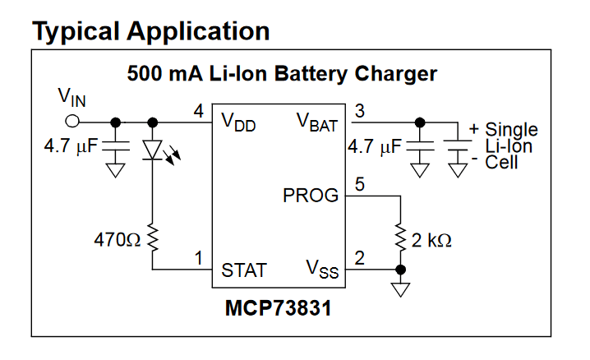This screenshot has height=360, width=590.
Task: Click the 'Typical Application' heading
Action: (150, 30)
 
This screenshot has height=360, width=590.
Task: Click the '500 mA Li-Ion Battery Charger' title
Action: (282, 73)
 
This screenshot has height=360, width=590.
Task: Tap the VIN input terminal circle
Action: (72, 121)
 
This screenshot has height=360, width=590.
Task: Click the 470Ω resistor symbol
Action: (153, 238)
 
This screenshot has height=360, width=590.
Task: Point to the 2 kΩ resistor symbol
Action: (401, 238)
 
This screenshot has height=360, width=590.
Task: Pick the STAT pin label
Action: (244, 270)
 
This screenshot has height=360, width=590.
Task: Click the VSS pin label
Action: (323, 270)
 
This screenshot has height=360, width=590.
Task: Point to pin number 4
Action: (198, 111)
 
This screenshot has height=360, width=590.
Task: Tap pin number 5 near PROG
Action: (359, 185)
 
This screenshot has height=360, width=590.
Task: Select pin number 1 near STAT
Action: (198, 259)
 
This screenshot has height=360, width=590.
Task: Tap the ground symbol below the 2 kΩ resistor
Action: (401, 289)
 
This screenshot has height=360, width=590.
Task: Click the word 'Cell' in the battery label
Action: (502, 162)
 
